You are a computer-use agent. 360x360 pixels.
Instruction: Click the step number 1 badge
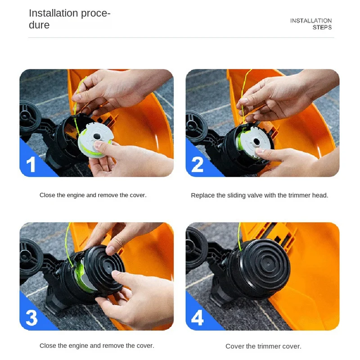31,164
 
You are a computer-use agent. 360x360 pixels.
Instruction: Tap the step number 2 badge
197,164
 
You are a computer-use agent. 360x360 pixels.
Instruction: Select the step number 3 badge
31,318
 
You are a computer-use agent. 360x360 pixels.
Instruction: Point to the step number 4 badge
198,318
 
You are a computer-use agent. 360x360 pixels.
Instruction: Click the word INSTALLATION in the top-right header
311,21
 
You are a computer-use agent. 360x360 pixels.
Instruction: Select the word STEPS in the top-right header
322,27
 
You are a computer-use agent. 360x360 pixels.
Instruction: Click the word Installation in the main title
54,13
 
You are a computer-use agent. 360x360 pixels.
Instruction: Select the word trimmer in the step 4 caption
267,346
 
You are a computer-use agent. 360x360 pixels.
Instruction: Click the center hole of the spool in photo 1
97,136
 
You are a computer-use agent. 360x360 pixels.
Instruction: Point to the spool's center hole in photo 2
256,142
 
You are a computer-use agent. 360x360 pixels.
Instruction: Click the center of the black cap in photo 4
268,263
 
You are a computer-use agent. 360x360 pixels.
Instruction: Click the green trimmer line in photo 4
239,237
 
